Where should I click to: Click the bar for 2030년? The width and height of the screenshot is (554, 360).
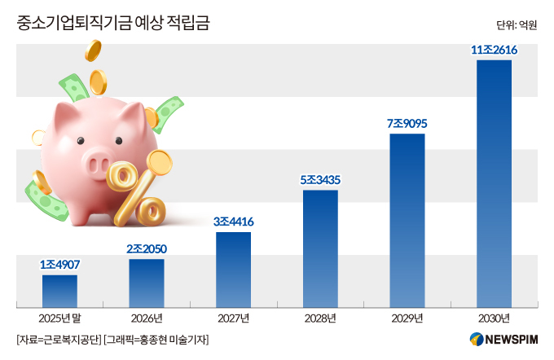coord(494,184)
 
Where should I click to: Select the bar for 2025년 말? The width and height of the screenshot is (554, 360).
coord(59,292)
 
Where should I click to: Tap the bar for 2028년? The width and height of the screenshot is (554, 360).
coord(320,248)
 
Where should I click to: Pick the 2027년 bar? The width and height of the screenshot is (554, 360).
coord(234,270)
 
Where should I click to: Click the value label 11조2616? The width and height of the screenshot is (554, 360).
coord(494,50)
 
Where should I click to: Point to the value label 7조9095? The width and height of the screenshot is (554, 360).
coord(407,123)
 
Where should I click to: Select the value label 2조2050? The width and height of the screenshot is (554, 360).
coord(147,248)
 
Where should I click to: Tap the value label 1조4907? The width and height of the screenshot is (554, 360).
coord(59,264)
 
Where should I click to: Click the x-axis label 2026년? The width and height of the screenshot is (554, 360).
coord(147,318)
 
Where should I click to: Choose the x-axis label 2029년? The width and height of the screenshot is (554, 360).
coord(407,318)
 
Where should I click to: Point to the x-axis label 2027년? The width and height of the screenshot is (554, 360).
coord(234,318)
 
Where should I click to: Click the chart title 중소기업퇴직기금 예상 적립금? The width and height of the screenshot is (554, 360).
coord(113,23)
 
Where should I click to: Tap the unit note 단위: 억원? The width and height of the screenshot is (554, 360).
coord(517,25)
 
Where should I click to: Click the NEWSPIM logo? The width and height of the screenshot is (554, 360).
coord(503,339)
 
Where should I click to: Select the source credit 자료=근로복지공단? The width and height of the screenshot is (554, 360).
coord(59,340)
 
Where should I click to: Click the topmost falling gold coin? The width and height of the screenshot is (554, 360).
coord(93,50)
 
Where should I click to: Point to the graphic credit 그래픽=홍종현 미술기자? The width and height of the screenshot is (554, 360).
coord(156,340)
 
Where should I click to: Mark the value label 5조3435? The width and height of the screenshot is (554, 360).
coord(320,180)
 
